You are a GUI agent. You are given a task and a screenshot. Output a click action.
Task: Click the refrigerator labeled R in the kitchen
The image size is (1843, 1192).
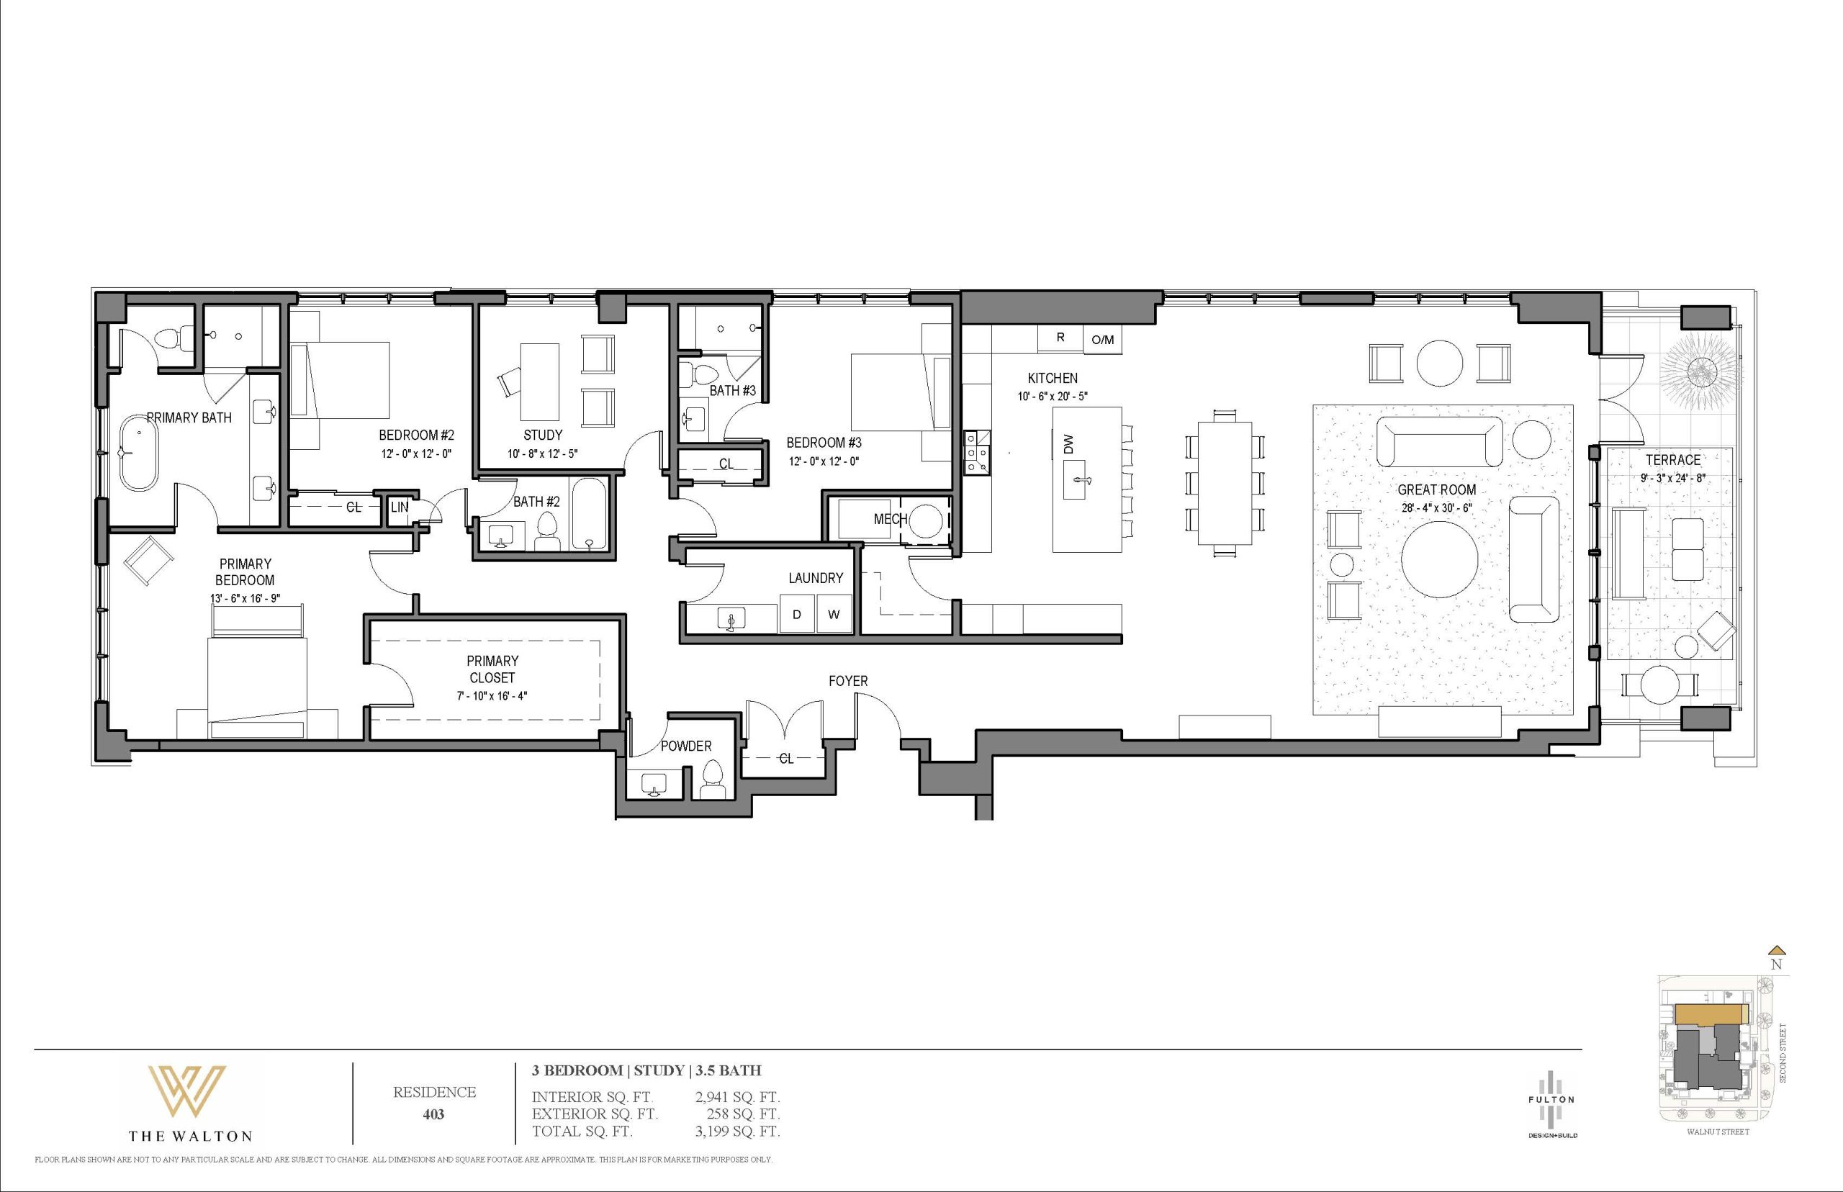tap(1060, 338)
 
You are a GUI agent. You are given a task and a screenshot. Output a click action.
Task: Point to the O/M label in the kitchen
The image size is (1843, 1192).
tap(1102, 340)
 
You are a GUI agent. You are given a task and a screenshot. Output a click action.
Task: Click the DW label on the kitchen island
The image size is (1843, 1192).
tap(1069, 444)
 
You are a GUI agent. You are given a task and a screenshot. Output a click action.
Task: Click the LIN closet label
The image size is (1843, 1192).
tap(400, 507)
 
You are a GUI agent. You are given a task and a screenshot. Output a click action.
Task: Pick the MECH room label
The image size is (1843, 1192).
tap(890, 520)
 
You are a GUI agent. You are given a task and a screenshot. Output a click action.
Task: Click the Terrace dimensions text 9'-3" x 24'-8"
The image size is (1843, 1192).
tap(1672, 479)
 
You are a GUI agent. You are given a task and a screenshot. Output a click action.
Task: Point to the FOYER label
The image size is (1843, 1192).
tap(848, 681)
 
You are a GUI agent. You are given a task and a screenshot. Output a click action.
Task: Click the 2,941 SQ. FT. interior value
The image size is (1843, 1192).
tap(738, 1097)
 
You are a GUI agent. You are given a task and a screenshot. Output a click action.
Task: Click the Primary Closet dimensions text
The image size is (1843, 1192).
tap(492, 696)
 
